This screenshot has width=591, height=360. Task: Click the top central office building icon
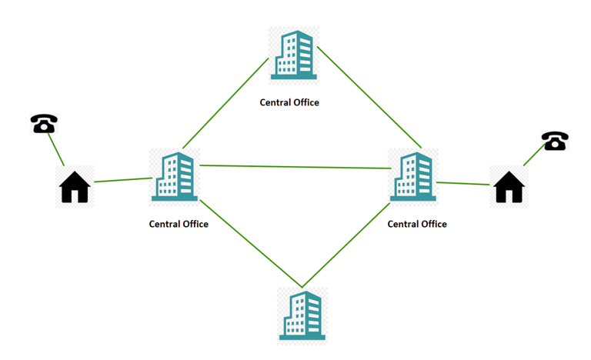pos(294,55)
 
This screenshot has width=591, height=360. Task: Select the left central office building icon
pos(175,176)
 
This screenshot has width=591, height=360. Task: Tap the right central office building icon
pos(413,176)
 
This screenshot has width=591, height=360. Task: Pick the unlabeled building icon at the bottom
pos(302,315)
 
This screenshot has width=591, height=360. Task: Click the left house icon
pos(75,187)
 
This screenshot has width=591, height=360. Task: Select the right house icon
pos(509,187)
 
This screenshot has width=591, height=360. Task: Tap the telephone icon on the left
pos(44,123)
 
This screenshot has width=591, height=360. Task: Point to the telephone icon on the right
pos(555,141)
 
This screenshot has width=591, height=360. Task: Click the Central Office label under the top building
pos(289,102)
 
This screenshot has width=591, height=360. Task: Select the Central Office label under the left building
pos(179,225)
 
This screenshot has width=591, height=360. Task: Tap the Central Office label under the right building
pos(417,225)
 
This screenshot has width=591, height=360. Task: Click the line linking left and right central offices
pos(295,167)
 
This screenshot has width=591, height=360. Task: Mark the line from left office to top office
pos(225,103)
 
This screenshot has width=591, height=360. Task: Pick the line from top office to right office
pos(369,97)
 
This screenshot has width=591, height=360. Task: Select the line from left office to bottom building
pos(251,244)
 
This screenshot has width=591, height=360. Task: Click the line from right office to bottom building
pos(346,245)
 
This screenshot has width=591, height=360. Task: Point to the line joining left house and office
pos(123,180)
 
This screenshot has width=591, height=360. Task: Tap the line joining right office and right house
pos(462,184)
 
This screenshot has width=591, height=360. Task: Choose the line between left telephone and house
pos(55,150)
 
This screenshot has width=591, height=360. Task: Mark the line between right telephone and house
pos(534,155)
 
